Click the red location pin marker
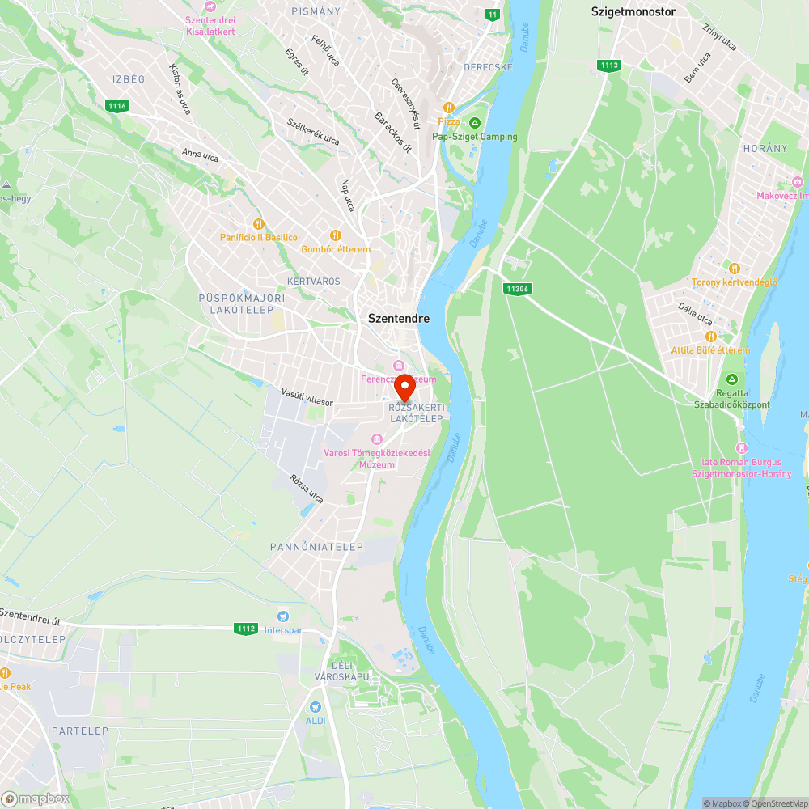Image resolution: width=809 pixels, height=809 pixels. tap(405, 387)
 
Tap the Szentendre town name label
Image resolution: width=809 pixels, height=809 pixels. tap(399, 319)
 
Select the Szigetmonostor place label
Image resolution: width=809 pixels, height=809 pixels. tap(633, 11)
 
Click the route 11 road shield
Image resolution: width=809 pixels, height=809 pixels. tap(492, 14)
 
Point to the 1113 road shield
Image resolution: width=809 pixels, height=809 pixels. tap(609, 65)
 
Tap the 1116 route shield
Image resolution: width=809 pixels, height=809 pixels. tap(117, 105)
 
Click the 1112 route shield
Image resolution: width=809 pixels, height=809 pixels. tap(246, 629)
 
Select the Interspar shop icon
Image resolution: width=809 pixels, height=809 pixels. tap(282, 616)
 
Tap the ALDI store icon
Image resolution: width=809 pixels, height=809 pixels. tap(314, 705)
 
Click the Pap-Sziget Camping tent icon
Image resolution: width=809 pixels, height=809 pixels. tap(475, 122)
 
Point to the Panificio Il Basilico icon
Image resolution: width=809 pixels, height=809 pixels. tap(259, 223)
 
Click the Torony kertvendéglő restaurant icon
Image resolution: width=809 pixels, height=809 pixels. tap(734, 268)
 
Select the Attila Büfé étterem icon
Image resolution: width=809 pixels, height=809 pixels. tap(710, 337)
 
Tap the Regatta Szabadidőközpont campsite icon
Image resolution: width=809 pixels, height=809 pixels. tap(732, 379)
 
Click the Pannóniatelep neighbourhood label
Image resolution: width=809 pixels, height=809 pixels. tap(316, 547)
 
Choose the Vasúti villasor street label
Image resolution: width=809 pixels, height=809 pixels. tap(307, 396)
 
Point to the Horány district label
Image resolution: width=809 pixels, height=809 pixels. tap(765, 149)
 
